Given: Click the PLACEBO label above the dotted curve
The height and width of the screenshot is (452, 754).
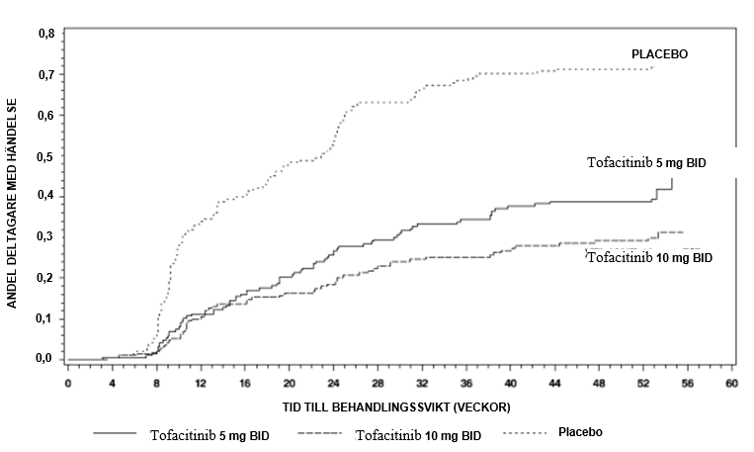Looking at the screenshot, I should pyautogui.click(x=659, y=53).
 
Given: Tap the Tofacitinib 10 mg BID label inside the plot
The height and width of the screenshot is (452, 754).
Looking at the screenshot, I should pyautogui.click(x=649, y=257).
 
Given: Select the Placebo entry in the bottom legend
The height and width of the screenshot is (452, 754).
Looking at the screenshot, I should pyautogui.click(x=580, y=432).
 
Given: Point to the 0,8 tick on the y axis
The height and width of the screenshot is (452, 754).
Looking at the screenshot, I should pyautogui.click(x=45, y=34).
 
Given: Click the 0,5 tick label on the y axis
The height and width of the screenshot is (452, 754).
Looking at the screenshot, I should pyautogui.click(x=45, y=156).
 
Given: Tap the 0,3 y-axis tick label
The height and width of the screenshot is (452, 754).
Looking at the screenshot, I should pyautogui.click(x=45, y=237).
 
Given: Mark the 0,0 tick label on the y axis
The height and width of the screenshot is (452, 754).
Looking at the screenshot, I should pyautogui.click(x=45, y=359).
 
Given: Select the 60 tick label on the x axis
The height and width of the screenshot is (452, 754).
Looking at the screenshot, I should pyautogui.click(x=731, y=383).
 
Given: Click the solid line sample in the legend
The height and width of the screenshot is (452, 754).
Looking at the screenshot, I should pyautogui.click(x=117, y=434).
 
